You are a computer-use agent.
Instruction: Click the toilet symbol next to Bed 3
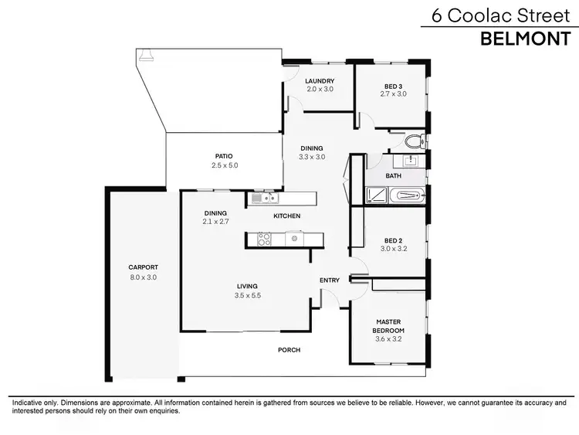pos(415,142)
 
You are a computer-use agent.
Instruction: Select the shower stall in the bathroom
pos(375,196)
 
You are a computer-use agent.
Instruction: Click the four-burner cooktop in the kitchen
pos(263,240)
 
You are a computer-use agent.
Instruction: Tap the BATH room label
pos(394,176)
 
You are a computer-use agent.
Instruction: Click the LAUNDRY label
pos(319,81)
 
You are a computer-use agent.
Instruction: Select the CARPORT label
pos(143,267)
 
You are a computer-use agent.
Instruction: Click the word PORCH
pos(289,350)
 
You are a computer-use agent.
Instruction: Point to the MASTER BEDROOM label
pos(389,325)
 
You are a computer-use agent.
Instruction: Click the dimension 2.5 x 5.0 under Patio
pos(225,165)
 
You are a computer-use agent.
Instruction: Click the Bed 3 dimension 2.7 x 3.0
pos(393,94)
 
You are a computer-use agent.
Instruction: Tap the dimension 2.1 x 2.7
pos(215,223)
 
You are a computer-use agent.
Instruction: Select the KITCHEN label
pos(286,216)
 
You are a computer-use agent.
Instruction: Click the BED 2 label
pos(393,240)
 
